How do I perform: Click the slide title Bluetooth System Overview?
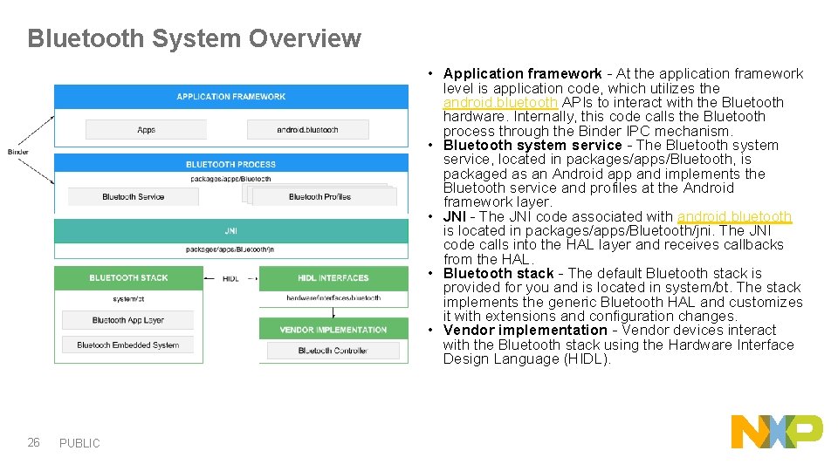(x=194, y=38)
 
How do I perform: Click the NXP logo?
(x=776, y=432)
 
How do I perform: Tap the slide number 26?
(x=33, y=442)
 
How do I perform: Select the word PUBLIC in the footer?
(x=79, y=443)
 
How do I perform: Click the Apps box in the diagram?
(x=147, y=130)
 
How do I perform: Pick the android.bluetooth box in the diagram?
(x=307, y=130)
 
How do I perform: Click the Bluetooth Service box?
(x=133, y=197)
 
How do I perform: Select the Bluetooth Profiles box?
(x=319, y=197)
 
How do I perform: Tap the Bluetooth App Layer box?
(x=128, y=320)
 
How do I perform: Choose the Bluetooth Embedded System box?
(x=128, y=345)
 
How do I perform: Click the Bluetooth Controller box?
(x=333, y=351)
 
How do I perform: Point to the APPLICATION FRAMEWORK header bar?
(x=230, y=96)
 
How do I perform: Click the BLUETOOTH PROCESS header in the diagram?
(x=230, y=164)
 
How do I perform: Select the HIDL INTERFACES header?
(x=333, y=277)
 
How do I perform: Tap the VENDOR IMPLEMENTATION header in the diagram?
(x=333, y=330)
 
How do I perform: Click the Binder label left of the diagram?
(x=18, y=152)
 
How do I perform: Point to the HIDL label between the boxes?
(x=230, y=278)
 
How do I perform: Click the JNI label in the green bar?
(x=230, y=231)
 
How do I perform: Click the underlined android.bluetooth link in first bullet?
(x=500, y=103)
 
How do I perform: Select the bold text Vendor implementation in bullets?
(x=525, y=331)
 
